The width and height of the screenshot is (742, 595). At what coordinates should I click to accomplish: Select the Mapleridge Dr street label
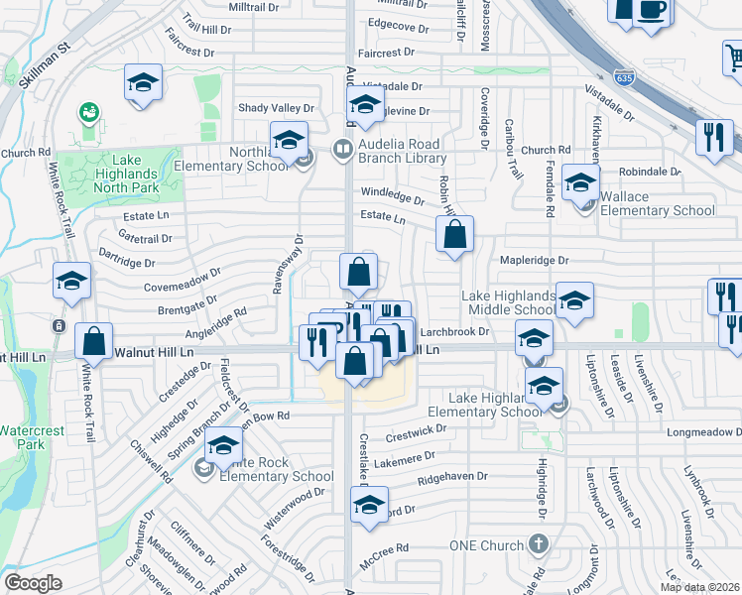[x=536, y=261]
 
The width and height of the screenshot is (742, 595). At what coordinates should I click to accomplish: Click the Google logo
[x=33, y=583]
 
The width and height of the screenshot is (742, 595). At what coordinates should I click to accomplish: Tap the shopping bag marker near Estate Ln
[x=454, y=236]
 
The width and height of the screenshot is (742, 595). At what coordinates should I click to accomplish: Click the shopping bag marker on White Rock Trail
[x=93, y=340]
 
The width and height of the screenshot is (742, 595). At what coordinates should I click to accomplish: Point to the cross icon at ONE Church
[x=538, y=544]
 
